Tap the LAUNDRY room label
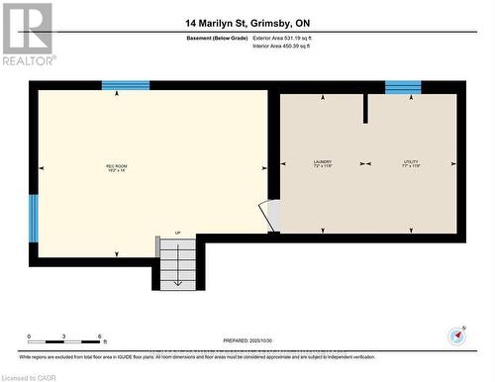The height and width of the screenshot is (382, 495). click(322, 163)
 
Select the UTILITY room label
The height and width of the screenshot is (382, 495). click(411, 163)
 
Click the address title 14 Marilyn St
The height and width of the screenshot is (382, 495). click(247, 22)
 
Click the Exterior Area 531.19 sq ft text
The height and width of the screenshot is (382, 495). click(289, 38)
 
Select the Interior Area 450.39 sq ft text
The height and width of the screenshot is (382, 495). click(288, 46)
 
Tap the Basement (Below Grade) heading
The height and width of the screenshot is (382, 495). click(217, 38)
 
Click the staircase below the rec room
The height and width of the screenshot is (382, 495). click(177, 265)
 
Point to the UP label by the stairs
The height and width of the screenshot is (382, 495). click(177, 234)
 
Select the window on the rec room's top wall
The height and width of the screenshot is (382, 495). click(126, 86)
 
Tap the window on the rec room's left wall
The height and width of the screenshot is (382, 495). click(33, 218)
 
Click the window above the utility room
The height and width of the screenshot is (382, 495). click(403, 87)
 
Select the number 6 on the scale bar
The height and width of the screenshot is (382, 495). click(100, 336)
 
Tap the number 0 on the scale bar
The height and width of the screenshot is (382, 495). click(29, 336)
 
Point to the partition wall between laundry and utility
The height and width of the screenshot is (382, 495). click(365, 109)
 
